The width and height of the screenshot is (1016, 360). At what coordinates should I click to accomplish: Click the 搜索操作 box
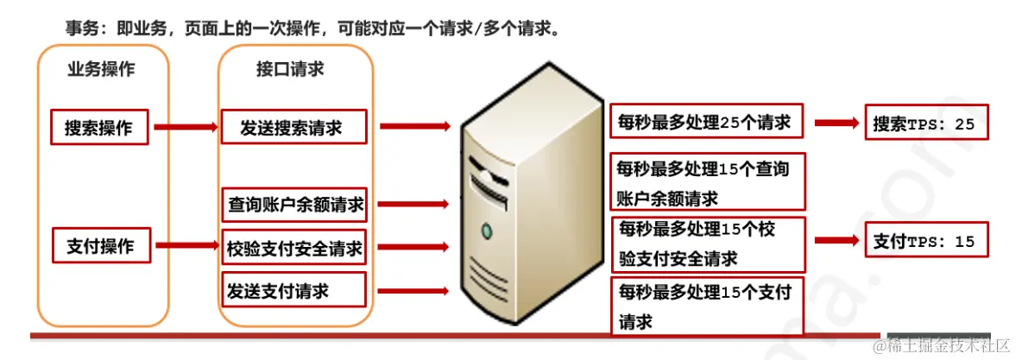pos(99,128)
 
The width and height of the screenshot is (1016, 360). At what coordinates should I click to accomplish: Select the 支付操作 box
pos(100,246)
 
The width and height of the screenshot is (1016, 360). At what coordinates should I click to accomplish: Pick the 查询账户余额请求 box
pos(294,205)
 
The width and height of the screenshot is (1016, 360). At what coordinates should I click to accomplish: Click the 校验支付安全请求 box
pos(294,249)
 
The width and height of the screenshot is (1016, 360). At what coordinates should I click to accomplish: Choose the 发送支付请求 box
pos(294,290)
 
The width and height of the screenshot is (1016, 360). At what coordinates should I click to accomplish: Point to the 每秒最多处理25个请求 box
pos(706,123)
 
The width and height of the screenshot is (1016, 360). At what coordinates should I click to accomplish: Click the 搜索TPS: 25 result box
pos(924,124)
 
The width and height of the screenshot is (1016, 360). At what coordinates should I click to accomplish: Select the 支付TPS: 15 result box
pos(924,242)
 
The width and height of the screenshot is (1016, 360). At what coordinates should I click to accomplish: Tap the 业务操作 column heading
pos(101,70)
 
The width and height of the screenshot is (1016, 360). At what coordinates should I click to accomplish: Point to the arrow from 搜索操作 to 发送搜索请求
pos(186,128)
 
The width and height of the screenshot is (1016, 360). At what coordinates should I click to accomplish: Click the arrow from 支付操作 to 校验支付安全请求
pos(186,247)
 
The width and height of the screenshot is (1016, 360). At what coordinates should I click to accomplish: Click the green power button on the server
pos(487,231)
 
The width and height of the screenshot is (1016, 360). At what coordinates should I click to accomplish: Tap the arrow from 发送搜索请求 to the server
pos(414,127)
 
